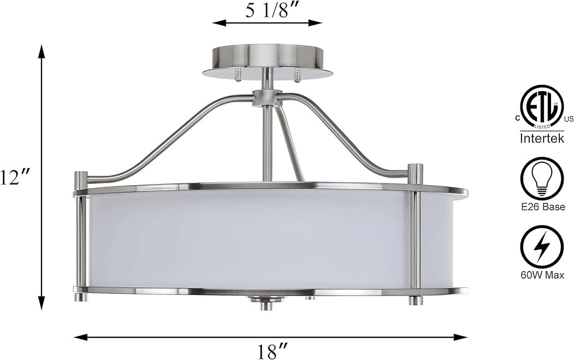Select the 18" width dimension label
[271, 352]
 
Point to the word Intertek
[542, 138]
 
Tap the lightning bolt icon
[542, 246]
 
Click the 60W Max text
[542, 275]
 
